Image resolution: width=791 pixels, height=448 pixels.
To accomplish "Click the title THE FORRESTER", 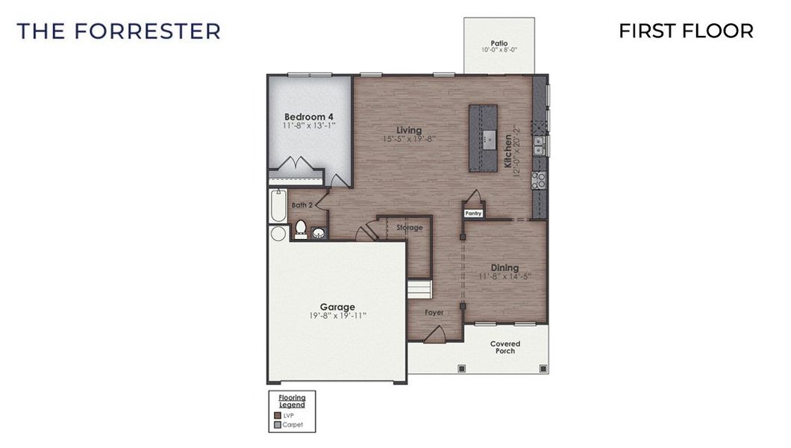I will tap(119, 31).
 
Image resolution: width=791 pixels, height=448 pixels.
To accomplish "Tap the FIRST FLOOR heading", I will tap(686, 31).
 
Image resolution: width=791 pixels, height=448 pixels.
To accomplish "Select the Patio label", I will tap(499, 43).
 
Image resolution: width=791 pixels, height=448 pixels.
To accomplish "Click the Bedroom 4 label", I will tap(309, 116).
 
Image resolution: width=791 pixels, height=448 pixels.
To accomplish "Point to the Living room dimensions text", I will tap(409, 140).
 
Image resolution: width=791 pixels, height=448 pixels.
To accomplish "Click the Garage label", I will tap(337, 306).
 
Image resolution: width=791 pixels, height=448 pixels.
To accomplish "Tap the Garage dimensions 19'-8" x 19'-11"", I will tap(337, 316).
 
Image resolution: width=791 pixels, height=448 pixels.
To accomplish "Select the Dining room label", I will tap(504, 267).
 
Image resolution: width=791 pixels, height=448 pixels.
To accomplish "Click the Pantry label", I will tap(473, 213).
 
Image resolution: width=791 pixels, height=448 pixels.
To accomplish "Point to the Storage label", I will tap(410, 228).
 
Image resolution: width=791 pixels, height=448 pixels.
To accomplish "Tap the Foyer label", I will tap(434, 312).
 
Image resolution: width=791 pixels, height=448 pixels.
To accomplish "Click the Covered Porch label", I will tap(505, 347).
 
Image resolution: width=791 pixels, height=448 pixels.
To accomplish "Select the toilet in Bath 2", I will tap(301, 228).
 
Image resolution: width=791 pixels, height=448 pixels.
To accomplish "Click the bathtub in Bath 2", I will tap(278, 205).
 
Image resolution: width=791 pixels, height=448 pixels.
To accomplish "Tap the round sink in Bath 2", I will tap(319, 234).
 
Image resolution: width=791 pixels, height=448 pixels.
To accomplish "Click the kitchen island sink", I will tap(488, 137).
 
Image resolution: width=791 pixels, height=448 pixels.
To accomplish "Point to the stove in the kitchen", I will tap(538, 179).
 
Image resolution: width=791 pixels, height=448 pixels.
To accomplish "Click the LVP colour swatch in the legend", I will tap(278, 415).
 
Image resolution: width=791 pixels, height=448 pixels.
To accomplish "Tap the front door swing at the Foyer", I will tap(434, 335).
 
